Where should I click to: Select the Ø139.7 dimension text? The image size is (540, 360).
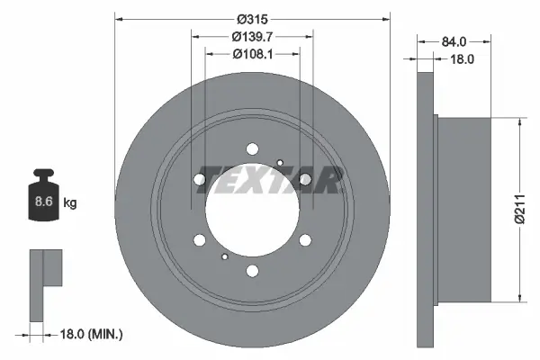253,37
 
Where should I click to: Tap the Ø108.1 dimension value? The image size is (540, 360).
253,54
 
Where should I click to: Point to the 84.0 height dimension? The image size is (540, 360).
454,42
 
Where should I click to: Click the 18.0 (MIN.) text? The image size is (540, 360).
92,334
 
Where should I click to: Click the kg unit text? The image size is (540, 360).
69,203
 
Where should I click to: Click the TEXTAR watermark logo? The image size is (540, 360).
270,180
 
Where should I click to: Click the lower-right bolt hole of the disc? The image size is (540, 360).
306,240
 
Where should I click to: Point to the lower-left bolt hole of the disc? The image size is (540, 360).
199,240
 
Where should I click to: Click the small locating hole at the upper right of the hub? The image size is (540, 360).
281,163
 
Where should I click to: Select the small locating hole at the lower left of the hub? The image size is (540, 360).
223,257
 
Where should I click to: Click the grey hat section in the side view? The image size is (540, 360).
463,210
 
